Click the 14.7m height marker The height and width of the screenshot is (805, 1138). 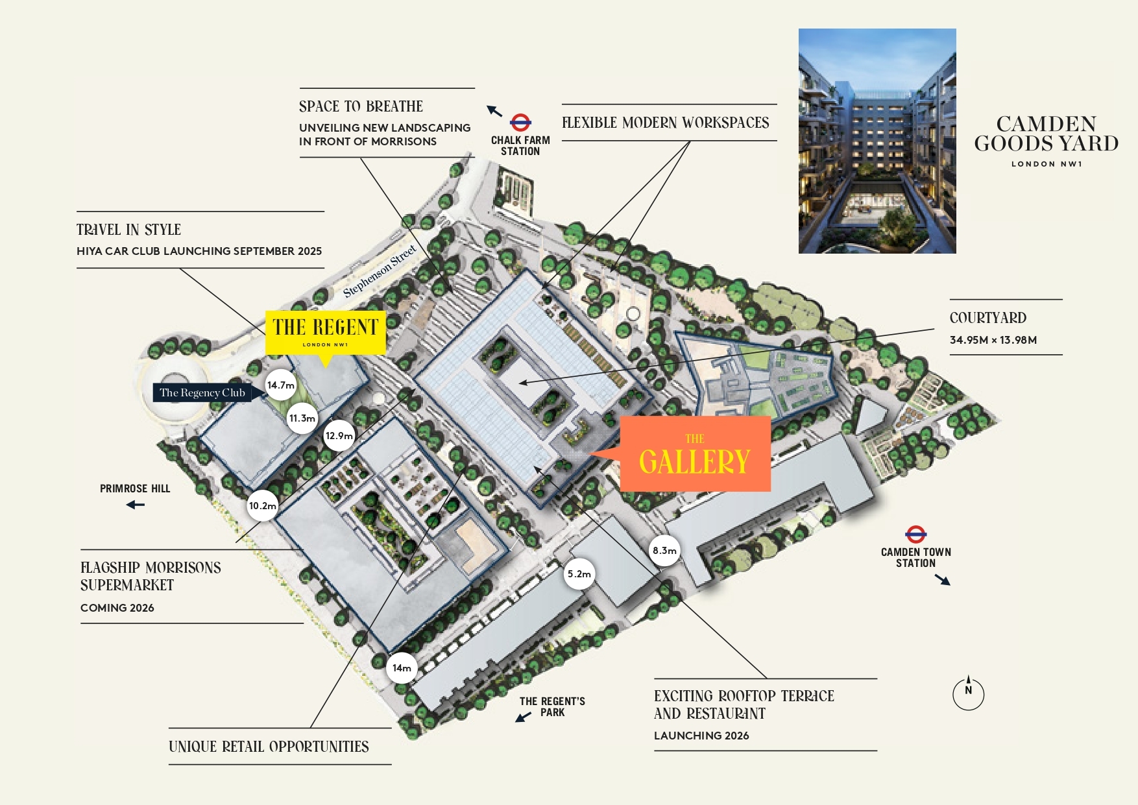pos(281,385)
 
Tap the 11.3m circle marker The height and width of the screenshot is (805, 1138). pos(302,418)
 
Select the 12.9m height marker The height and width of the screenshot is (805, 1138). pos(339,436)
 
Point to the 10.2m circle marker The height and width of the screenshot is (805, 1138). pos(263,506)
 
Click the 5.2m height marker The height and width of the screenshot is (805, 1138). pos(579,574)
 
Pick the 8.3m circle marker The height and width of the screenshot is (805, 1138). pos(664,551)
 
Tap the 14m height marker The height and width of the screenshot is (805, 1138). pos(402,668)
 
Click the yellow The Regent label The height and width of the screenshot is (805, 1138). pos(326,332)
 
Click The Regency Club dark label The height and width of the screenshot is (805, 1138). pos(202,392)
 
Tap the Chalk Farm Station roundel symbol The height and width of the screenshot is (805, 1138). pos(520,122)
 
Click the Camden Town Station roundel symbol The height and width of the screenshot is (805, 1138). pos(915,535)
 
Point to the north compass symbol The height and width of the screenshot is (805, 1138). pos(968,693)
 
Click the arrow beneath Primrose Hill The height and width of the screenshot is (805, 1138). pos(136,505)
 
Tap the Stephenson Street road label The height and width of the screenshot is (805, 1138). pos(380,271)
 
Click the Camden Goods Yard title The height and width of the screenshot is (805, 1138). pos(1046,134)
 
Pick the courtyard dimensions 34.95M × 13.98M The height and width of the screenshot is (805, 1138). pos(993,340)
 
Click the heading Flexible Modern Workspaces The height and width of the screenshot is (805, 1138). pos(665,123)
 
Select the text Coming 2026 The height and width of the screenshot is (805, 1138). pos(117,608)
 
